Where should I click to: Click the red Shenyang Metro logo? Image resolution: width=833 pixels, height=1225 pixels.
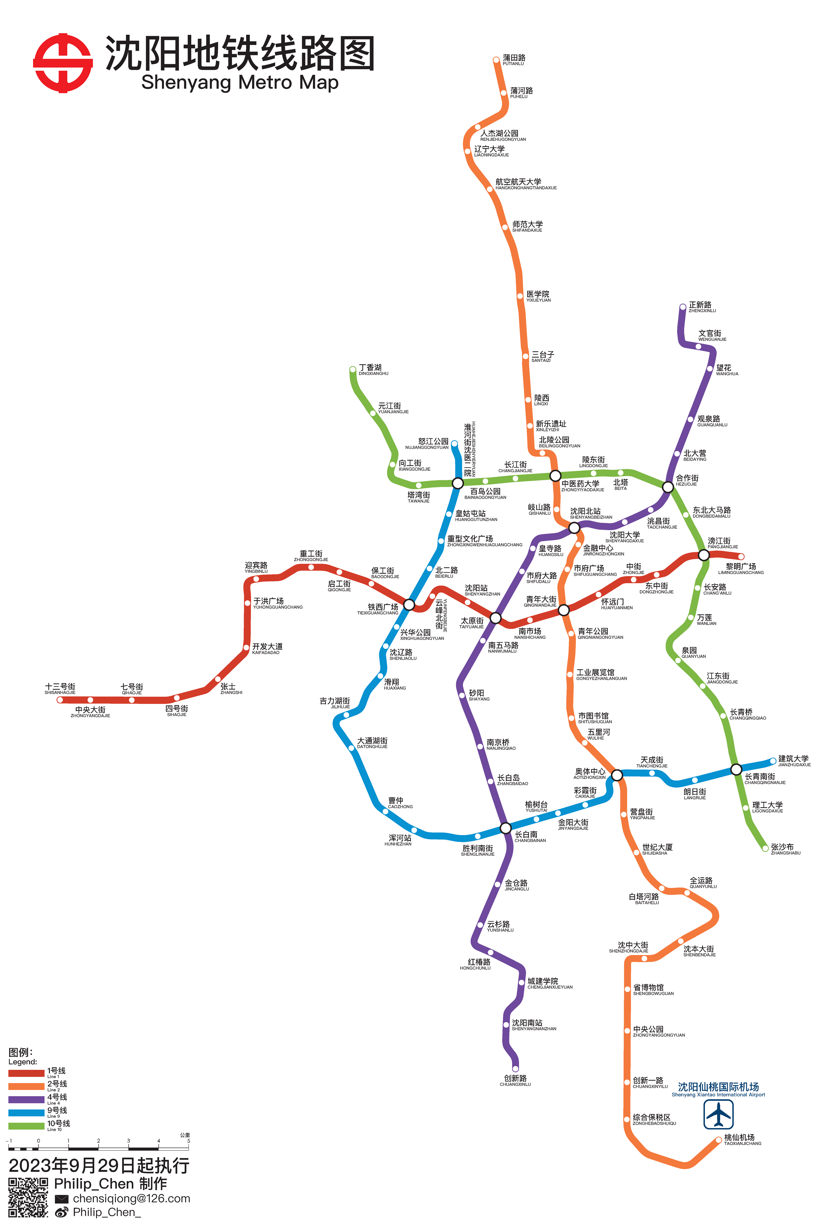pos(63,63)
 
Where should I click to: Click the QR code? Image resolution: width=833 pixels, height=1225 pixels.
pos(28,1197)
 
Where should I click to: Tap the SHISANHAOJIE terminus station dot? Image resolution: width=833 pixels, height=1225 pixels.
pos(60,700)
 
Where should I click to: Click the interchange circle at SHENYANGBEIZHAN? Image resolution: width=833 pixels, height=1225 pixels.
pos(574,527)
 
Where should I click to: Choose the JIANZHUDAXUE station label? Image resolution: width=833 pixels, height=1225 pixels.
pos(794,761)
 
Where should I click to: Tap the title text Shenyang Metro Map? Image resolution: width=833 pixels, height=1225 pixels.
pos(239,82)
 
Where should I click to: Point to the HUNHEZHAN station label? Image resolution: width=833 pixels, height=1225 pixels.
pos(399,840)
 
